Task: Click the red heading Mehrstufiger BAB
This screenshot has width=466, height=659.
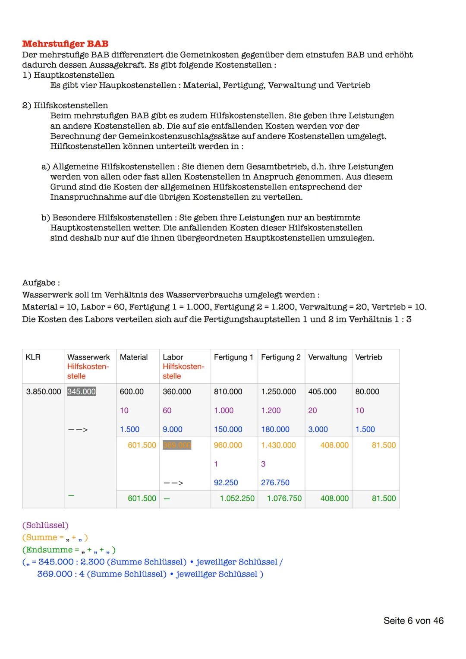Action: coord(65,44)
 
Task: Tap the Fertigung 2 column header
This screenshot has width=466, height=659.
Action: coord(280,357)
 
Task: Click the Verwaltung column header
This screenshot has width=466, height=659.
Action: coord(327,357)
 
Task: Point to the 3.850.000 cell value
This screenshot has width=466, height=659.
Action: coord(44,391)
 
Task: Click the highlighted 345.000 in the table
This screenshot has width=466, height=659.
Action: coord(82,391)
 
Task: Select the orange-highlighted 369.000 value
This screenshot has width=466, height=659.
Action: coord(177,445)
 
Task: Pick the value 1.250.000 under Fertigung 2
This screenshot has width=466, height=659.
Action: coord(278,391)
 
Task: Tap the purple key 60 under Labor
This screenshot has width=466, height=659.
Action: coord(167,410)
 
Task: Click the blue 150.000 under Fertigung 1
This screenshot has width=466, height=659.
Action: coord(228,429)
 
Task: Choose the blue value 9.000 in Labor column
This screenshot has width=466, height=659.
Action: coord(172,429)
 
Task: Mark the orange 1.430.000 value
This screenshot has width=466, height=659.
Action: coord(278,445)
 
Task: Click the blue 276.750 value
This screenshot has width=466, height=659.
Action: coord(275,482)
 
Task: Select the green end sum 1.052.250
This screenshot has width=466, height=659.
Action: coord(237,498)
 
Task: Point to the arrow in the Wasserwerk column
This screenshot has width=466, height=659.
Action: coord(78,430)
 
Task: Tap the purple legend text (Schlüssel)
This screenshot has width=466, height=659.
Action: coord(45,525)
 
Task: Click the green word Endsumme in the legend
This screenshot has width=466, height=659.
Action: coord(49,550)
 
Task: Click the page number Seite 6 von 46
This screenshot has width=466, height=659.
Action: coord(413,621)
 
